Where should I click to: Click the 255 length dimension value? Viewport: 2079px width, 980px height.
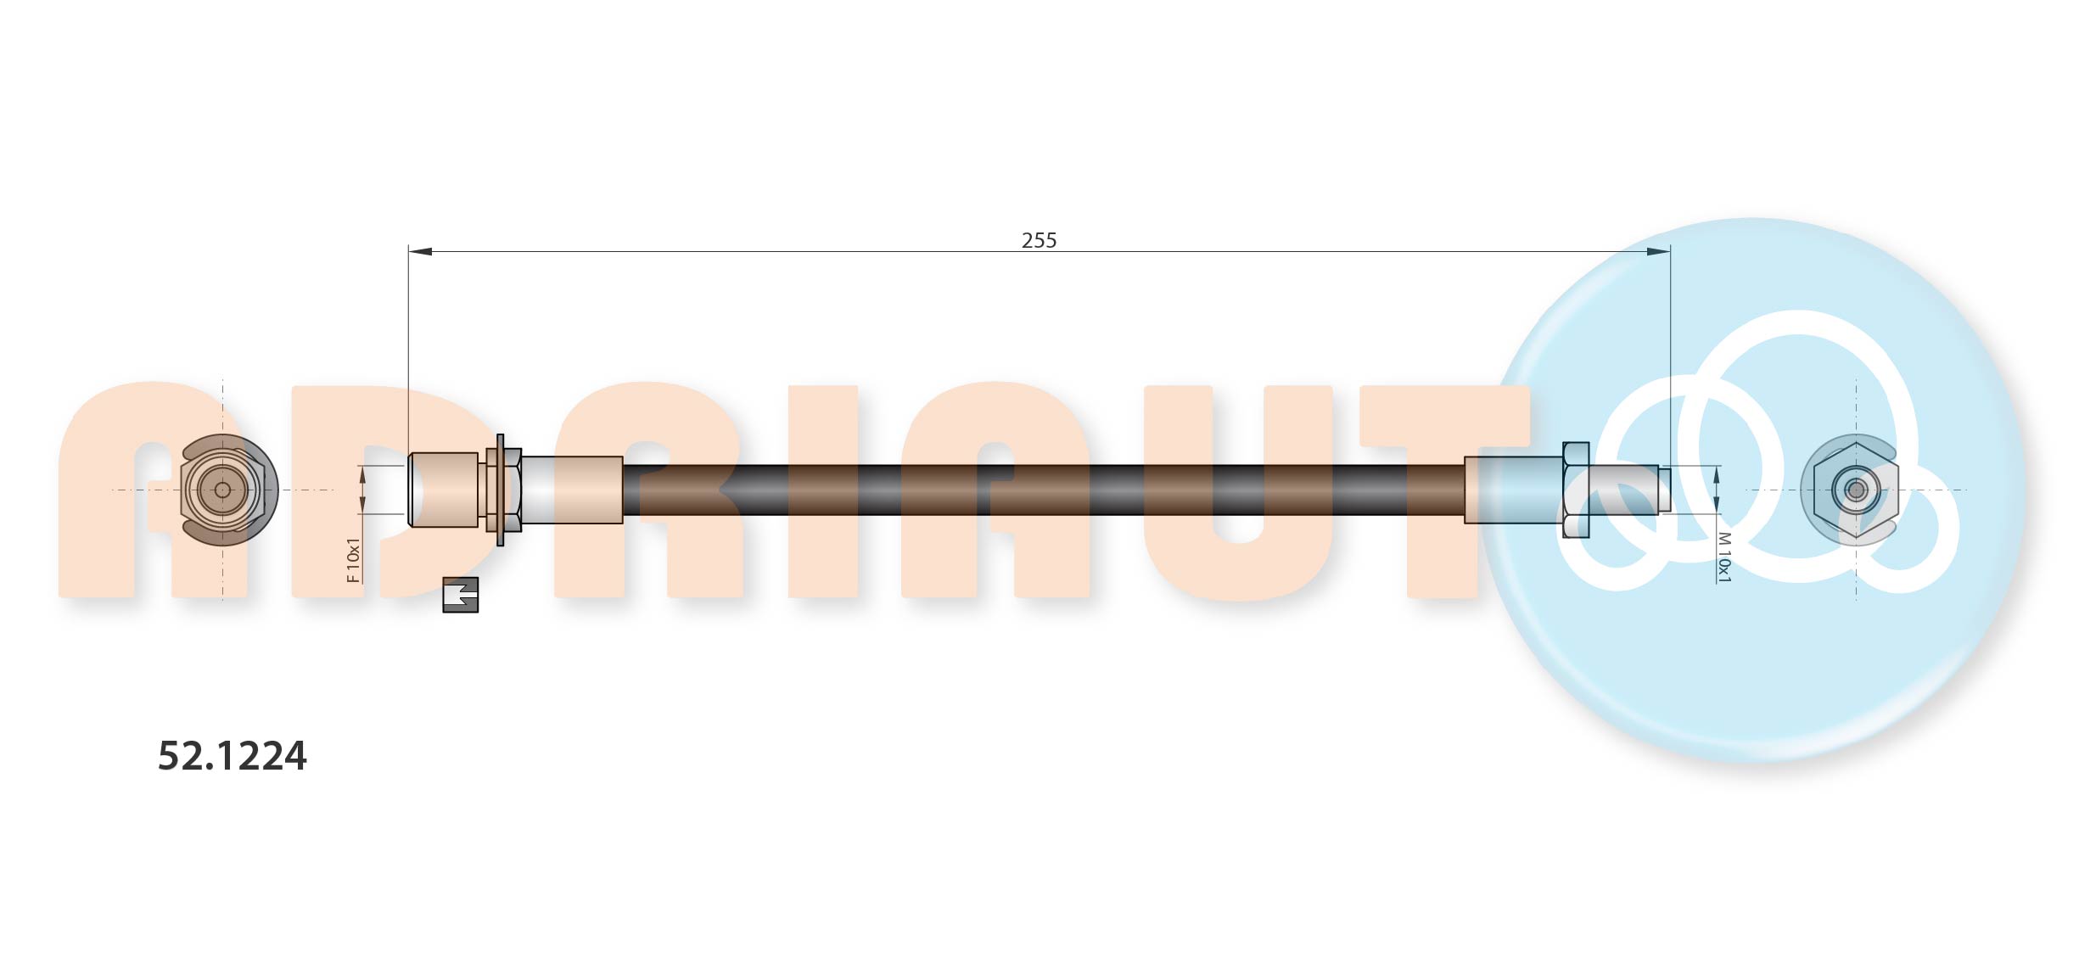click(1039, 240)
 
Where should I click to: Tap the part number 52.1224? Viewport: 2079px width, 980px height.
click(233, 755)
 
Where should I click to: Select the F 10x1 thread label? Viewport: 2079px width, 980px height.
click(354, 560)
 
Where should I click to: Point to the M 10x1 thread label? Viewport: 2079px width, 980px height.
click(1723, 557)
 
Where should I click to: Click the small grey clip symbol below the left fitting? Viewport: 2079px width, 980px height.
click(461, 595)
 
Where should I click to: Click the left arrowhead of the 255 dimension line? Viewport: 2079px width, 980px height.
click(421, 251)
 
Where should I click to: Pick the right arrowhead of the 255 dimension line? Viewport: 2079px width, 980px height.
click(1658, 251)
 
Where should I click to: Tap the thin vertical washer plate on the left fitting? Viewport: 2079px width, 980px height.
click(500, 490)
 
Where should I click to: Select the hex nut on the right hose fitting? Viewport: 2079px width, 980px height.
click(1576, 490)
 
